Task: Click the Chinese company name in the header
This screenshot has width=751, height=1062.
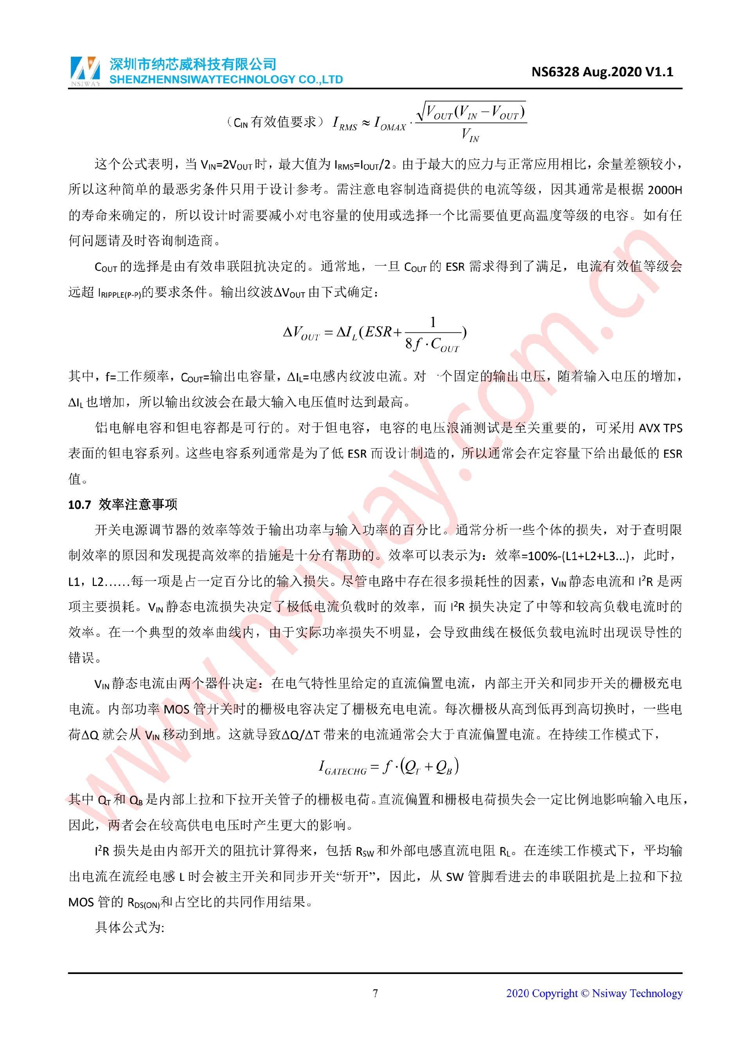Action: pos(193,64)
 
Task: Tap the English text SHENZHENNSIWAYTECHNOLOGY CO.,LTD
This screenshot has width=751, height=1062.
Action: pos(226,79)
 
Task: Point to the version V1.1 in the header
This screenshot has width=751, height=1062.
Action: pos(659,72)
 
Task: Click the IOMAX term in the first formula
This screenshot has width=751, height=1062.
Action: pos(390,124)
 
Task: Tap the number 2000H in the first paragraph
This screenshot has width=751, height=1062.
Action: pos(665,190)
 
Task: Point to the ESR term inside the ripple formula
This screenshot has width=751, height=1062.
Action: pos(378,332)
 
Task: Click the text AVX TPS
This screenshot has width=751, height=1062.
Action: pos(660,428)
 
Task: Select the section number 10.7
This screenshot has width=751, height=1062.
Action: pos(79,505)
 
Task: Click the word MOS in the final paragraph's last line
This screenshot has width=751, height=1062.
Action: pos(81,902)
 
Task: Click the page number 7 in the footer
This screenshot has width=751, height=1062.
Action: pos(375,993)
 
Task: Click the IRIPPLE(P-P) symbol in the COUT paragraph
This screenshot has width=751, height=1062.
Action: pos(119,293)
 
